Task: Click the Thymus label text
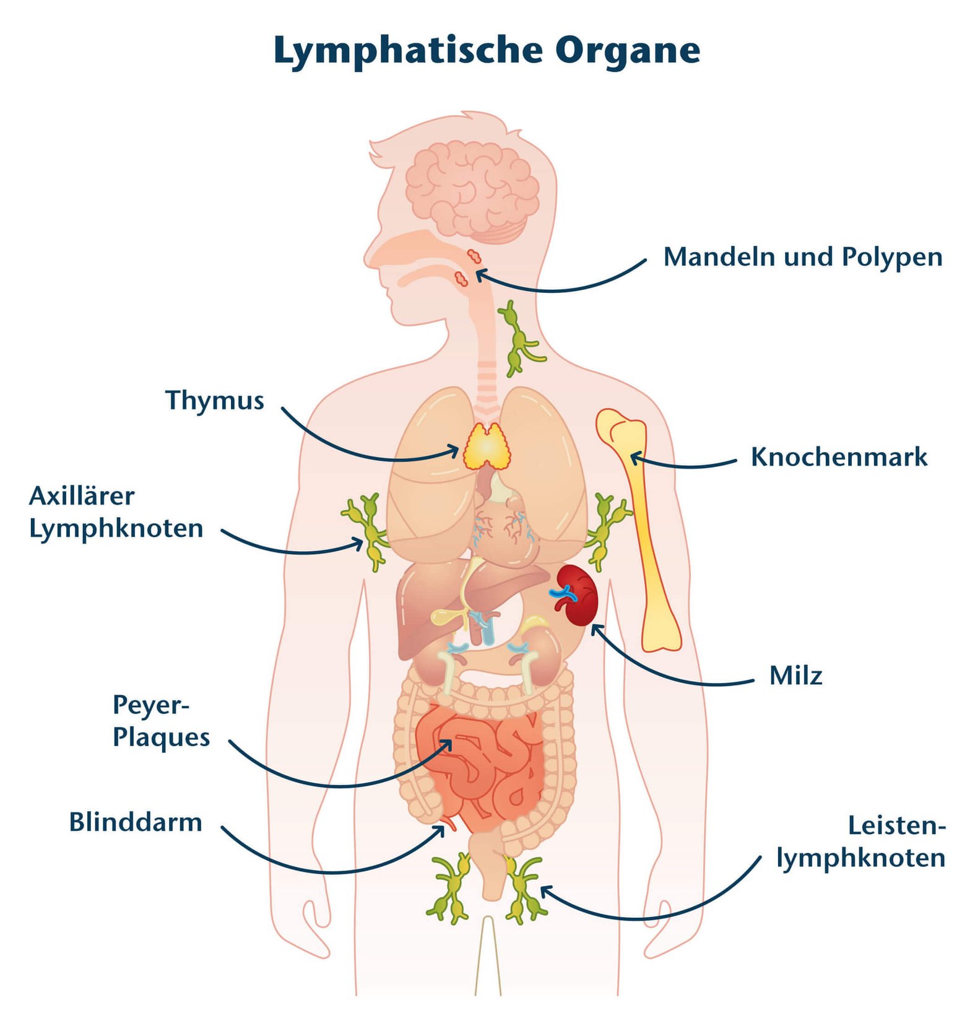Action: click(x=214, y=401)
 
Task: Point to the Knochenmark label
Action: click(x=838, y=457)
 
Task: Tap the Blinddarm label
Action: click(x=136, y=822)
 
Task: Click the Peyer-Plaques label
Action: click(x=161, y=721)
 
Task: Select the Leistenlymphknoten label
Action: click(x=861, y=842)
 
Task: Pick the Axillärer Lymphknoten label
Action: click(x=116, y=512)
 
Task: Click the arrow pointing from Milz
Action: click(x=669, y=672)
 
